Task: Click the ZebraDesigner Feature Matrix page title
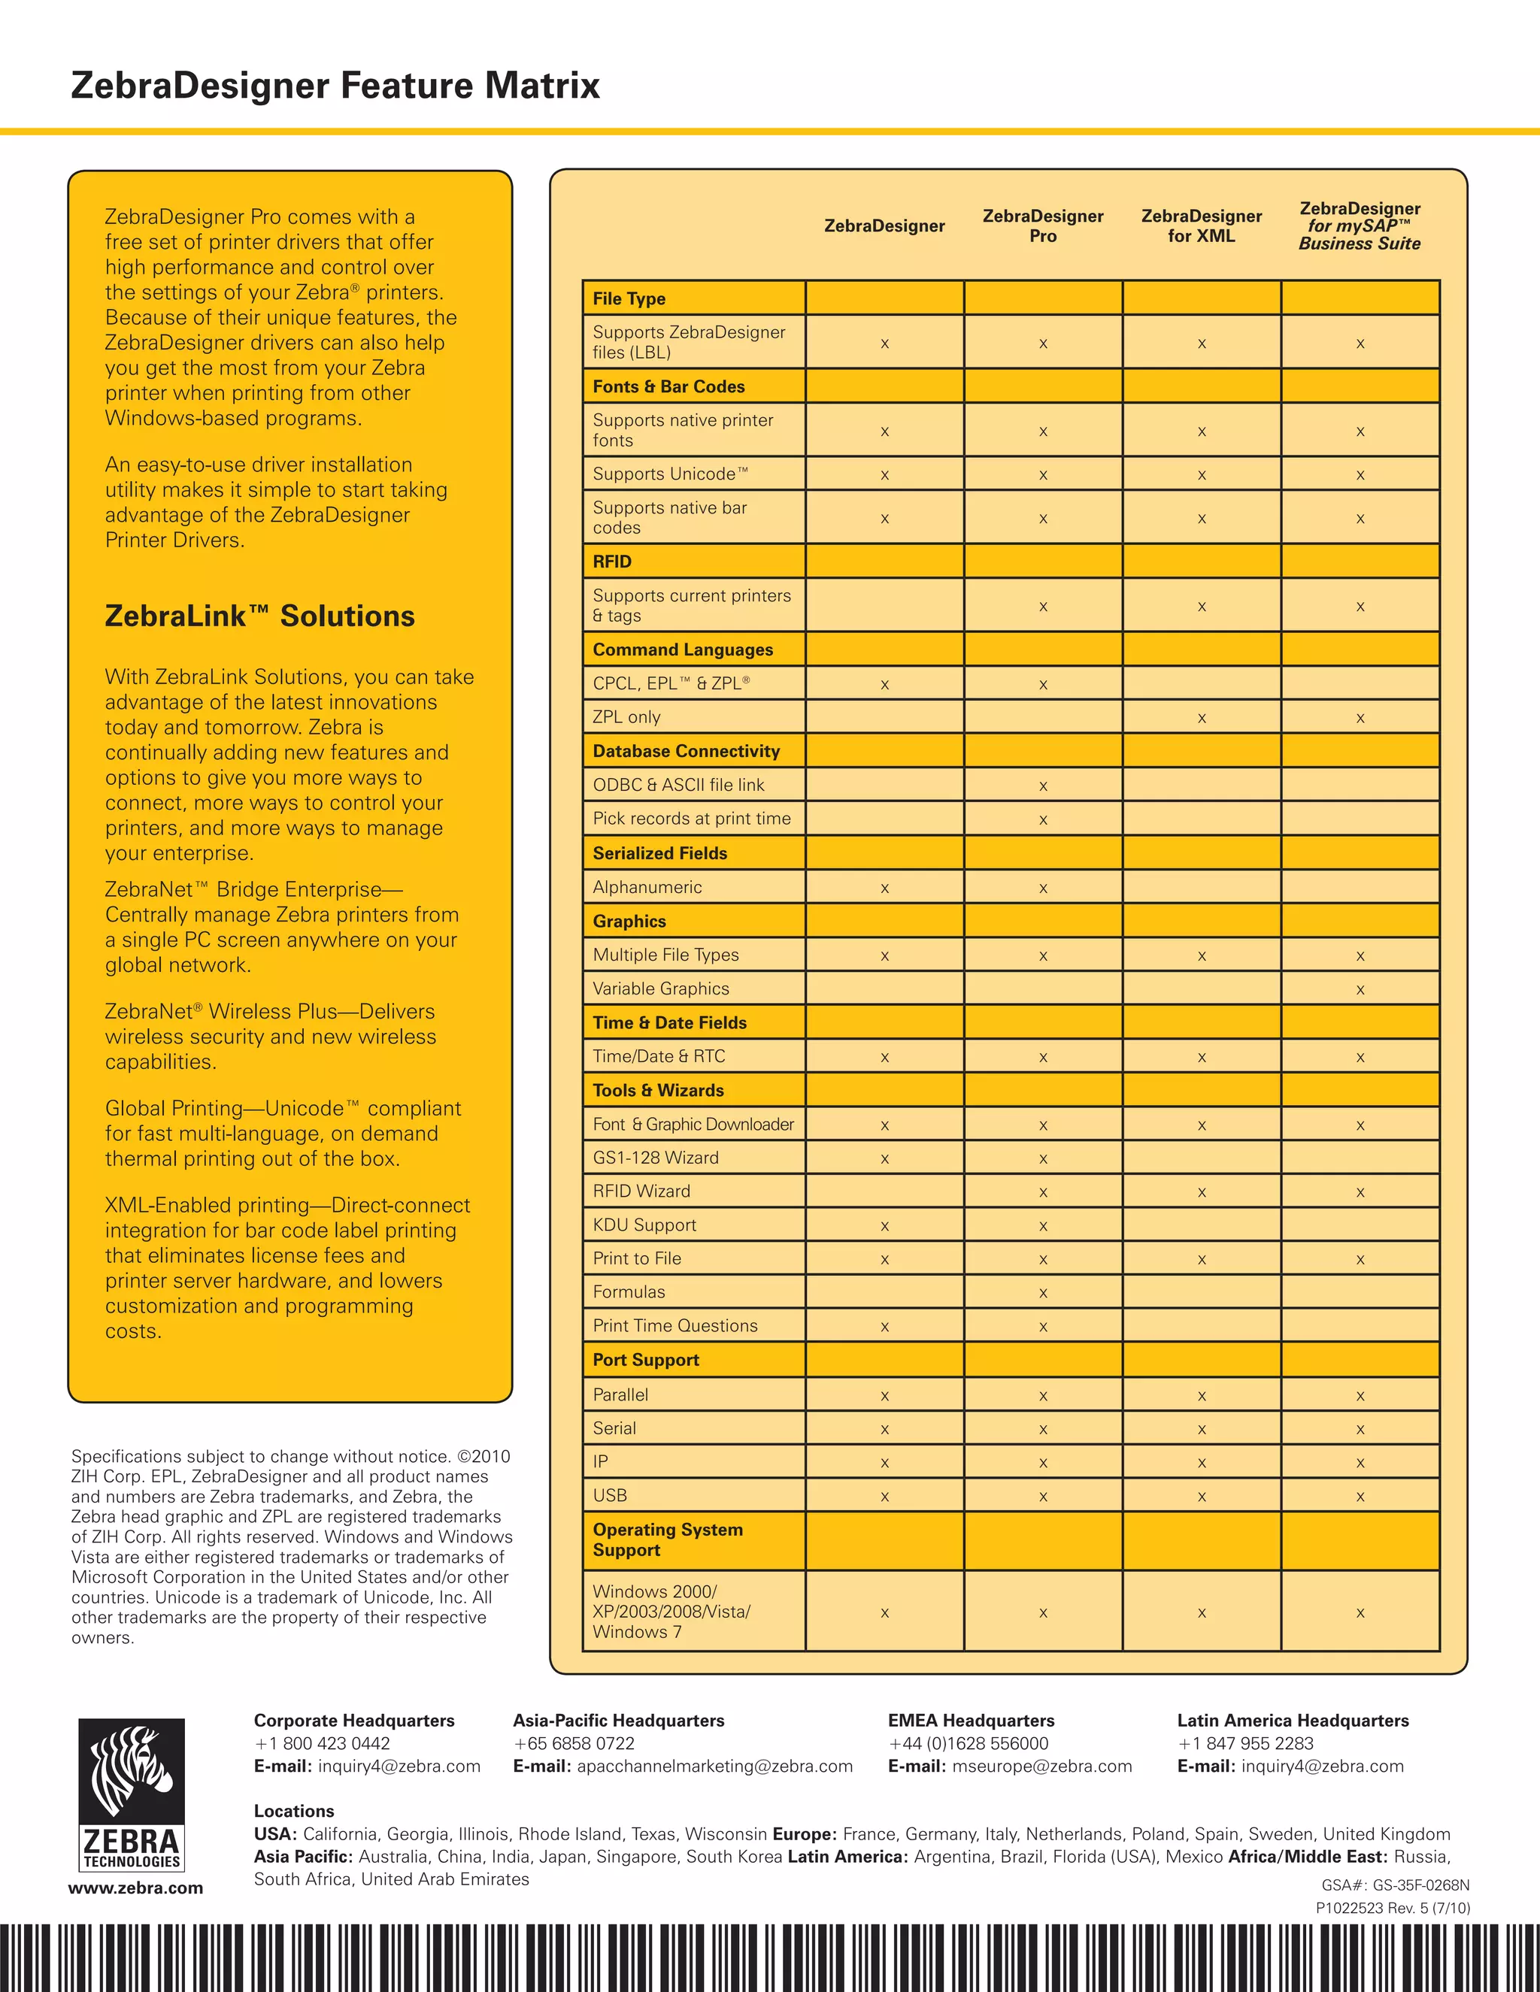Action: pyautogui.click(x=335, y=86)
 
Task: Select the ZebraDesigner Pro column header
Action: pyautogui.click(x=1043, y=226)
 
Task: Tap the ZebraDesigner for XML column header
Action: pyautogui.click(x=1201, y=226)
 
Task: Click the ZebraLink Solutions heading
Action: pyautogui.click(x=259, y=616)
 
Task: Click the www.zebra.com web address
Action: pyautogui.click(x=135, y=1887)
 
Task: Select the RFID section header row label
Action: pyautogui.click(x=612, y=562)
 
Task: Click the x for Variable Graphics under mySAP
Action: pyautogui.click(x=1360, y=990)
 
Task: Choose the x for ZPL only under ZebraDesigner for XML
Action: pyautogui.click(x=1202, y=719)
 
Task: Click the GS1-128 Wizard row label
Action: pyautogui.click(x=655, y=1158)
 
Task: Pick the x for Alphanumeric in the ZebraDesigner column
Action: pyautogui.click(x=884, y=889)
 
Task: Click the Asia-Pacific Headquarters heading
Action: pyautogui.click(x=619, y=1720)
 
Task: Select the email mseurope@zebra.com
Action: pyautogui.click(x=1042, y=1766)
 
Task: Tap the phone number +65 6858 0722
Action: pyautogui.click(x=574, y=1743)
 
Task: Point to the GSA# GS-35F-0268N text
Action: pyautogui.click(x=1395, y=1885)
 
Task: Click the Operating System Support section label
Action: pyautogui.click(x=667, y=1539)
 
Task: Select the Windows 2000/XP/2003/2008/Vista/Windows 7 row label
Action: pyautogui.click(x=671, y=1611)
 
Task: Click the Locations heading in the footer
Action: pyautogui.click(x=294, y=1811)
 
